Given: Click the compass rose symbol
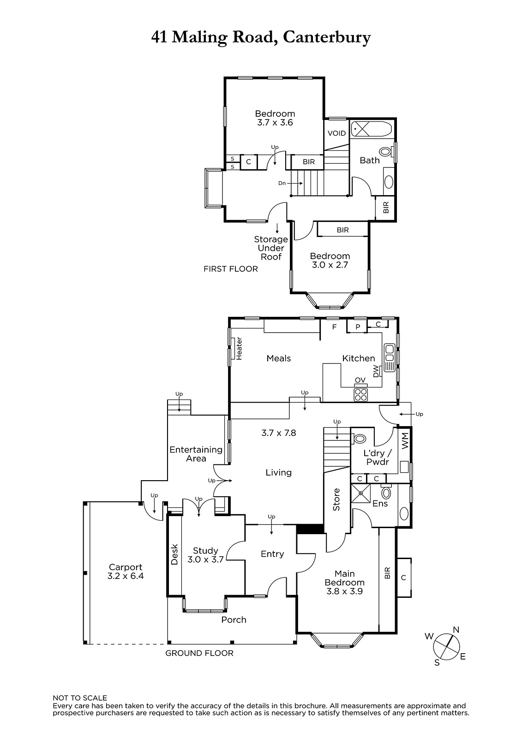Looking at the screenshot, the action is [446, 646].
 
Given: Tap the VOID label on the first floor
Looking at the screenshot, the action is [336, 133].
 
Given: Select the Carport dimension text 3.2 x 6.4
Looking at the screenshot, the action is [126, 576].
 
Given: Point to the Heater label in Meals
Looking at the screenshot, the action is [239, 348].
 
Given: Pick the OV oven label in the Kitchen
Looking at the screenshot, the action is [360, 380].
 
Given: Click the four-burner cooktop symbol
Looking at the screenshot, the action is [361, 395].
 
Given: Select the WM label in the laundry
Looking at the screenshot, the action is [405, 440].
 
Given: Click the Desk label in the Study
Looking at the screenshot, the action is [174, 554].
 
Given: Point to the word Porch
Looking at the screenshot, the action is [234, 620].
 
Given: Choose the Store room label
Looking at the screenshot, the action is [336, 500].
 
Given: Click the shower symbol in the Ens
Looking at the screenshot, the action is [361, 493].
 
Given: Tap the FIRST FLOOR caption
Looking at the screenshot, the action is [230, 269].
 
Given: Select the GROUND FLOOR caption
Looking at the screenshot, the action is [199, 653].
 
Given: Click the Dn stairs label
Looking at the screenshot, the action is [282, 183].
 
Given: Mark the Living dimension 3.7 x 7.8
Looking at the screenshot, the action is [279, 433].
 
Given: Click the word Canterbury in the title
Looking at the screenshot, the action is [327, 37].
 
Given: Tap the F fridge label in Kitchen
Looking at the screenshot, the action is [334, 327].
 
